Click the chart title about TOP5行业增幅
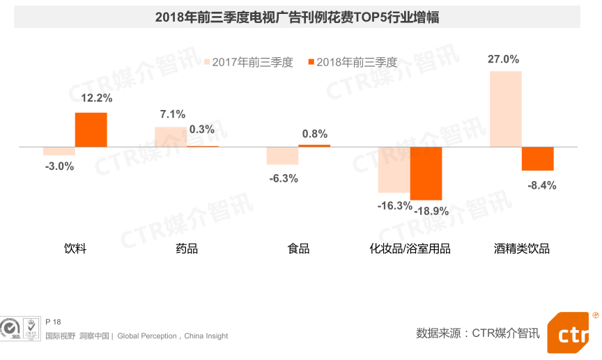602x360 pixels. coord(297,17)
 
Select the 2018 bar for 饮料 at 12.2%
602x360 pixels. coord(91,130)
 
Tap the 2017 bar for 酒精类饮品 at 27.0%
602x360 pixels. coord(505,109)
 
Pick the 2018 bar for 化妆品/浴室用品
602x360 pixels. coord(426,173)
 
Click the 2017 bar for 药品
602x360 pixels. coord(171,136)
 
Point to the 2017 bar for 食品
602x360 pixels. coord(282,156)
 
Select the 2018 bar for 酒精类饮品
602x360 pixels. coord(538,159)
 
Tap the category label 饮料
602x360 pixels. coord(75,249)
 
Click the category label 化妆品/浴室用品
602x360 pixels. coord(410,249)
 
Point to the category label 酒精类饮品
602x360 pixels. coord(522,249)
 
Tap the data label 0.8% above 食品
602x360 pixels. coord(314,134)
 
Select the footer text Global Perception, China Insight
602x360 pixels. coord(173,336)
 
